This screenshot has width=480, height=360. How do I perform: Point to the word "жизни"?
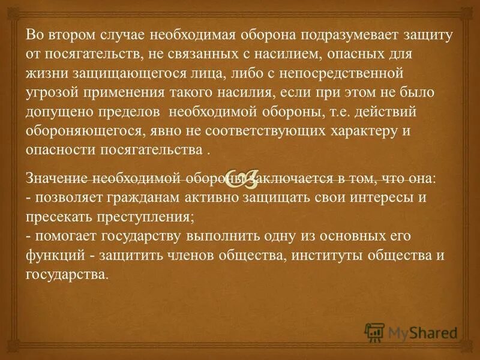tap(45, 73)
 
